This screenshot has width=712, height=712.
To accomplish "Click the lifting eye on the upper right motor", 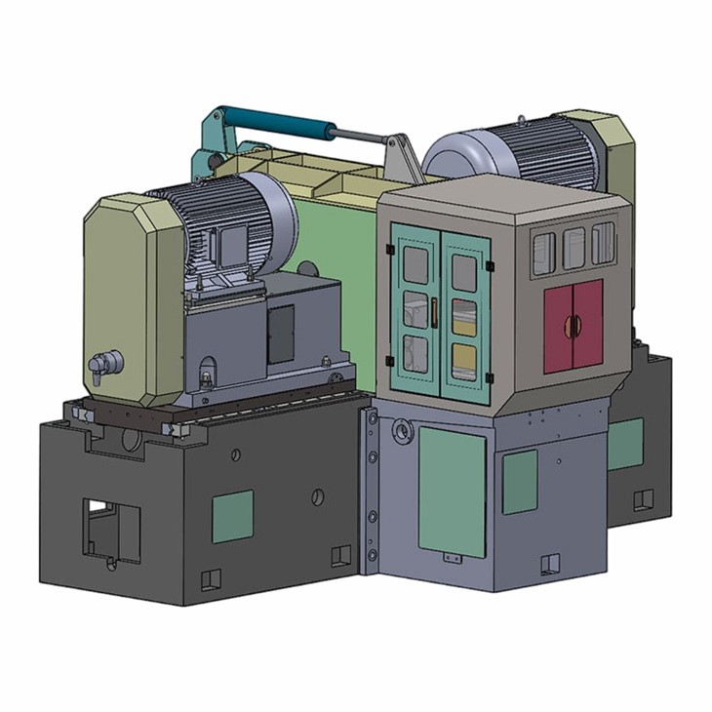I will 524,120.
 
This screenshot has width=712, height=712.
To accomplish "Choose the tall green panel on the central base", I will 452,493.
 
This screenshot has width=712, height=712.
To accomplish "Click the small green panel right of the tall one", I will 519,481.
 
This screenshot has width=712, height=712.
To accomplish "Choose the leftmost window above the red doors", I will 544,253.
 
